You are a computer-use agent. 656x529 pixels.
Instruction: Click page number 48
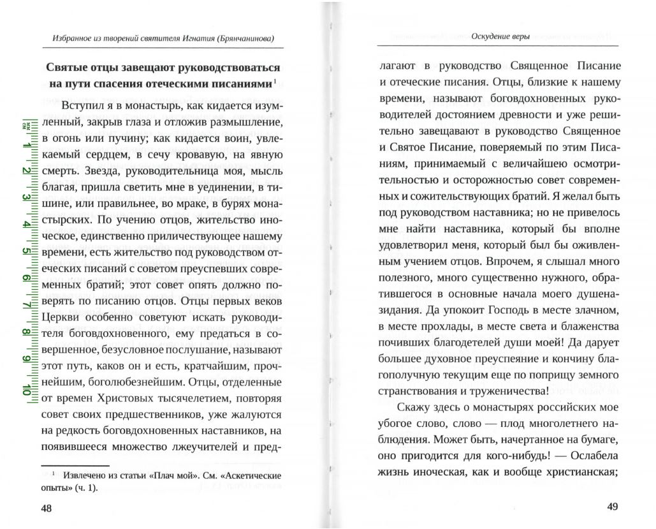click(47, 508)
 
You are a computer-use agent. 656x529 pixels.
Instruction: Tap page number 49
click(612, 508)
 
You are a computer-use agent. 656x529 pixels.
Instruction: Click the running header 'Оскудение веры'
click(501, 35)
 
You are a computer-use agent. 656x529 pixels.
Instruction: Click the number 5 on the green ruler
click(27, 251)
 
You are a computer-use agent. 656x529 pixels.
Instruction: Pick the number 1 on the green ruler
click(27, 145)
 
